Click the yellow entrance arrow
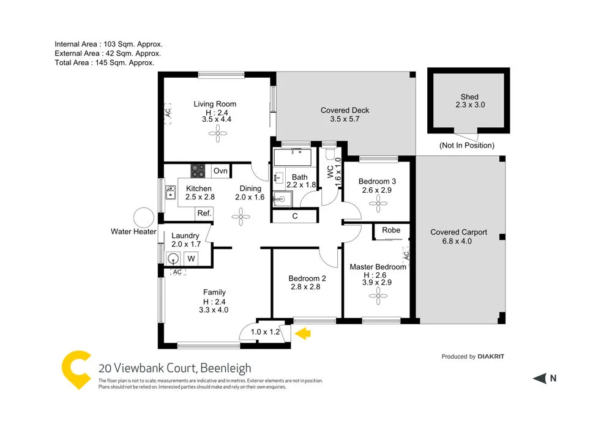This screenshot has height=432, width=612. click(x=304, y=333)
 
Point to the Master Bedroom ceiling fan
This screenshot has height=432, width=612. click(x=376, y=297)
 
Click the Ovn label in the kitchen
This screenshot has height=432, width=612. click(x=220, y=171)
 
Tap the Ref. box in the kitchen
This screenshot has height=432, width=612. click(x=204, y=214)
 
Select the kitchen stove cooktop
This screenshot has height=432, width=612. click(x=198, y=171)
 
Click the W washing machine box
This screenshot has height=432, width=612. click(x=191, y=259)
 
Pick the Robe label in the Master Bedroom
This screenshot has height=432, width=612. click(x=391, y=231)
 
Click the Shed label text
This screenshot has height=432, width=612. click(x=469, y=97)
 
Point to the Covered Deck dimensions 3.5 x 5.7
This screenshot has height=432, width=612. click(x=345, y=119)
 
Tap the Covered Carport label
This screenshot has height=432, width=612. click(x=458, y=232)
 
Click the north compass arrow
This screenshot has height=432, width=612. click(x=539, y=379)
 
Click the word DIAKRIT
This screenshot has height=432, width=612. click(x=491, y=356)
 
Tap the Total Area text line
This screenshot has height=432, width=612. click(x=104, y=62)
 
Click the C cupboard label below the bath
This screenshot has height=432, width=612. click(x=295, y=216)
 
